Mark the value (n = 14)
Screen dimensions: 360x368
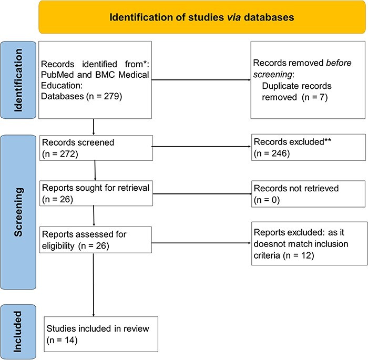[x=60, y=339]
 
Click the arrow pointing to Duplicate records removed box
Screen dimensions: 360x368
[x=210, y=81]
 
